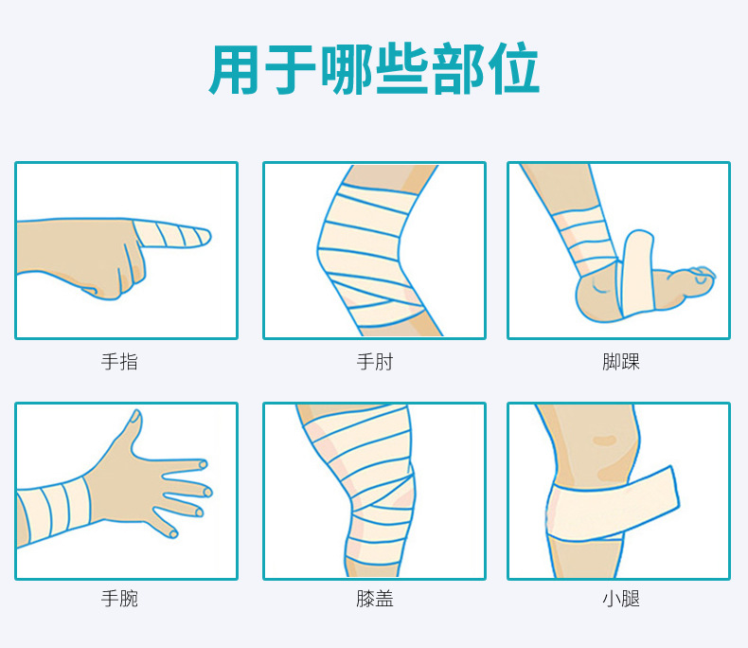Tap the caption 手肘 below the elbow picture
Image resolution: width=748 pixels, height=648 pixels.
point(374,362)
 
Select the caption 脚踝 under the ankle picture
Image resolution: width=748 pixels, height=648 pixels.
point(620,362)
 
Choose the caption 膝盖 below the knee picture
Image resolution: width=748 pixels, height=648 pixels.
point(374,599)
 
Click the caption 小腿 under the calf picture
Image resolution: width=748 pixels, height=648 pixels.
point(620,599)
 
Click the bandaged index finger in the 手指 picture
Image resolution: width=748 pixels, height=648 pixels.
point(170,233)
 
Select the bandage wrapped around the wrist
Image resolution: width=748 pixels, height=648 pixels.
point(57,512)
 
